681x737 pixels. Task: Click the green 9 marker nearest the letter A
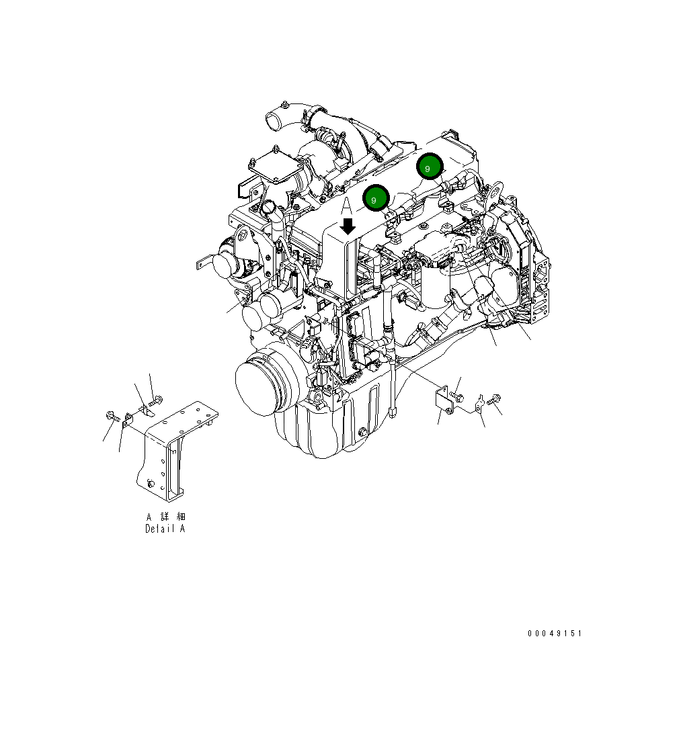point(375,198)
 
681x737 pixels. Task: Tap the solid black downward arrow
point(348,226)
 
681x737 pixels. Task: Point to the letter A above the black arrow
point(347,206)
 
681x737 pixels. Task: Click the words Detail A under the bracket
point(165,529)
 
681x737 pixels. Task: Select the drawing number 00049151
point(555,633)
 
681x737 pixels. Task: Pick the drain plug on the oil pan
point(362,432)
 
